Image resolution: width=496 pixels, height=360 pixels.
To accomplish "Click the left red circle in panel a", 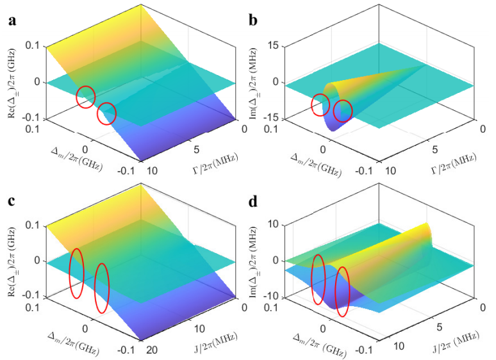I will pyautogui.click(x=86, y=97).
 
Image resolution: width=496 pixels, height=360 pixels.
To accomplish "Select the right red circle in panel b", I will pyautogui.click(x=343, y=110).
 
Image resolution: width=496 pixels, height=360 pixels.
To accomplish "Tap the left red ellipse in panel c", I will pyautogui.click(x=76, y=273).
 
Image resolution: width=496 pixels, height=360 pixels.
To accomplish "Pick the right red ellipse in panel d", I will pyautogui.click(x=342, y=291).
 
